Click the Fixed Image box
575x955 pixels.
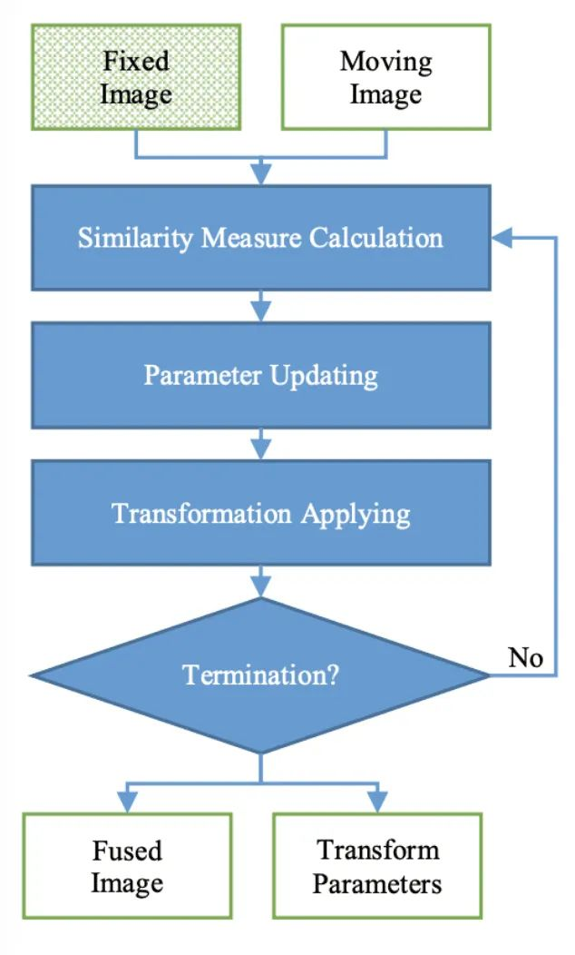click(136, 77)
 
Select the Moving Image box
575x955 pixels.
click(385, 77)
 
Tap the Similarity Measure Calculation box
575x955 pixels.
click(261, 238)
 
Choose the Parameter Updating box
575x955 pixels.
click(261, 375)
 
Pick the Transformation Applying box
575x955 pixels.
click(261, 513)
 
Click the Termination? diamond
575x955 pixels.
click(260, 674)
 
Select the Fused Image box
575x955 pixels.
click(127, 865)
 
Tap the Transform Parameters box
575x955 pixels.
click(377, 865)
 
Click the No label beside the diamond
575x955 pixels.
click(525, 658)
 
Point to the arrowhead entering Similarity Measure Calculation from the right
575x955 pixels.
click(502, 238)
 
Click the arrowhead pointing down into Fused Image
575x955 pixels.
click(127, 802)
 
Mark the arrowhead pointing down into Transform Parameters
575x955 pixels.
click(377, 802)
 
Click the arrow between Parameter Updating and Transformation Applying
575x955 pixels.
click(261, 444)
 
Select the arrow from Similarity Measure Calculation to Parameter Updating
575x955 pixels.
click(261, 306)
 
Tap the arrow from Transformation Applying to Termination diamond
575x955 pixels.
click(261, 582)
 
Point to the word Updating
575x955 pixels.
click(324, 376)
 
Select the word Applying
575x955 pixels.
click(356, 515)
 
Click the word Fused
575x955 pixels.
click(127, 851)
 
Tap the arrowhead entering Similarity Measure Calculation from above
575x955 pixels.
click(261, 174)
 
